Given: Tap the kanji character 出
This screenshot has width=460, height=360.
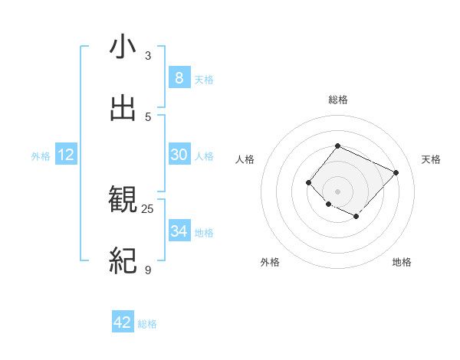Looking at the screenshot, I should pyautogui.click(x=123, y=108).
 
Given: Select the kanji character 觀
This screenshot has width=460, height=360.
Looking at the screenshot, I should pyautogui.click(x=123, y=200).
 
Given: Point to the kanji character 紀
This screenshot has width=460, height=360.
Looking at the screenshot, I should pyautogui.click(x=123, y=260).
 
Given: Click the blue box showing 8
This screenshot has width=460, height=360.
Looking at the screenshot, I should pyautogui.click(x=179, y=78).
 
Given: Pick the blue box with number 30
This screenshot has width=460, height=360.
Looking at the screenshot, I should pyautogui.click(x=179, y=155).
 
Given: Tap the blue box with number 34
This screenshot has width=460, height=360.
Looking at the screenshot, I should pyautogui.click(x=179, y=231).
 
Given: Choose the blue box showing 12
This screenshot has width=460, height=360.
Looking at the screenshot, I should pyautogui.click(x=66, y=155).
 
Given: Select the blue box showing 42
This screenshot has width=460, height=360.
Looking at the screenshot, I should pyautogui.click(x=123, y=322).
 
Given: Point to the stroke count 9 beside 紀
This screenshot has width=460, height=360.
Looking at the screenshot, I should pyautogui.click(x=148, y=270).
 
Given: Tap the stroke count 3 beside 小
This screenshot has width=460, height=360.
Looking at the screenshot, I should pyautogui.click(x=148, y=56).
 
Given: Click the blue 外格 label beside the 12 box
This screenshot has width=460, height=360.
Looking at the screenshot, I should pyautogui.click(x=41, y=156).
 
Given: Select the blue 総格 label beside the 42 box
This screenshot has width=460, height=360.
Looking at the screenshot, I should pyautogui.click(x=148, y=324).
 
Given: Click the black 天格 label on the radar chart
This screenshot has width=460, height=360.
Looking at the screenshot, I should pyautogui.click(x=431, y=159).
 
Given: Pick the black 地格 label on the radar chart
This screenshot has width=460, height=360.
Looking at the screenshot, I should pyautogui.click(x=402, y=262).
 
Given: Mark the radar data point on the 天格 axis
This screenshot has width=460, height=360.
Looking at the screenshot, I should pyautogui.click(x=396, y=172).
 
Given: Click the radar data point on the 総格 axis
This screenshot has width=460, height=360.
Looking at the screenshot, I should pyautogui.click(x=337, y=146).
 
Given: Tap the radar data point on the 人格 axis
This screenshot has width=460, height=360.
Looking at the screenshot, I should pyautogui.click(x=308, y=182).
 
